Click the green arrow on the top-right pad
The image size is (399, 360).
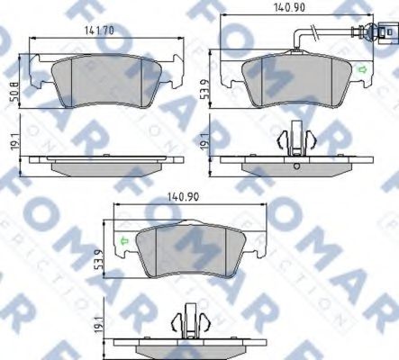(362, 69)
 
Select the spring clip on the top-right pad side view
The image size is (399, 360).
(296, 139)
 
